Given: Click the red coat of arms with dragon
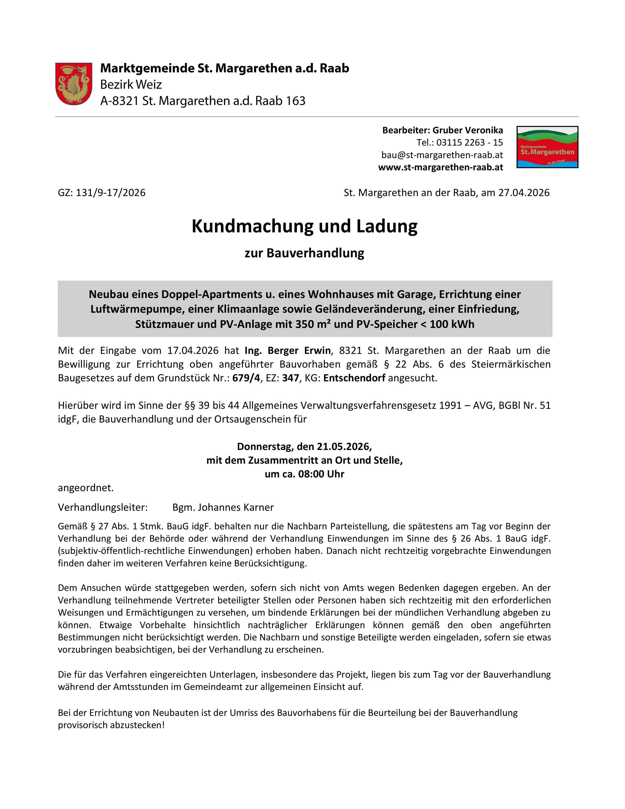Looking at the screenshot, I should [x=74, y=84].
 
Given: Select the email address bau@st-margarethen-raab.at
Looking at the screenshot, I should [x=442, y=155].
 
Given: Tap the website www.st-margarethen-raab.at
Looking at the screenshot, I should [x=440, y=167].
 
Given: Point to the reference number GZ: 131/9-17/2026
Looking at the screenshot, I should [x=101, y=193].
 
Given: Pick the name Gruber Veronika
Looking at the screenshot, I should [x=468, y=130].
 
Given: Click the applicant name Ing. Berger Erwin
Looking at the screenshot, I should [x=287, y=350].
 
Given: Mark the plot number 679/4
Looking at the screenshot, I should [x=246, y=378].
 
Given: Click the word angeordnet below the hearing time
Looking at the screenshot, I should [x=86, y=488].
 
